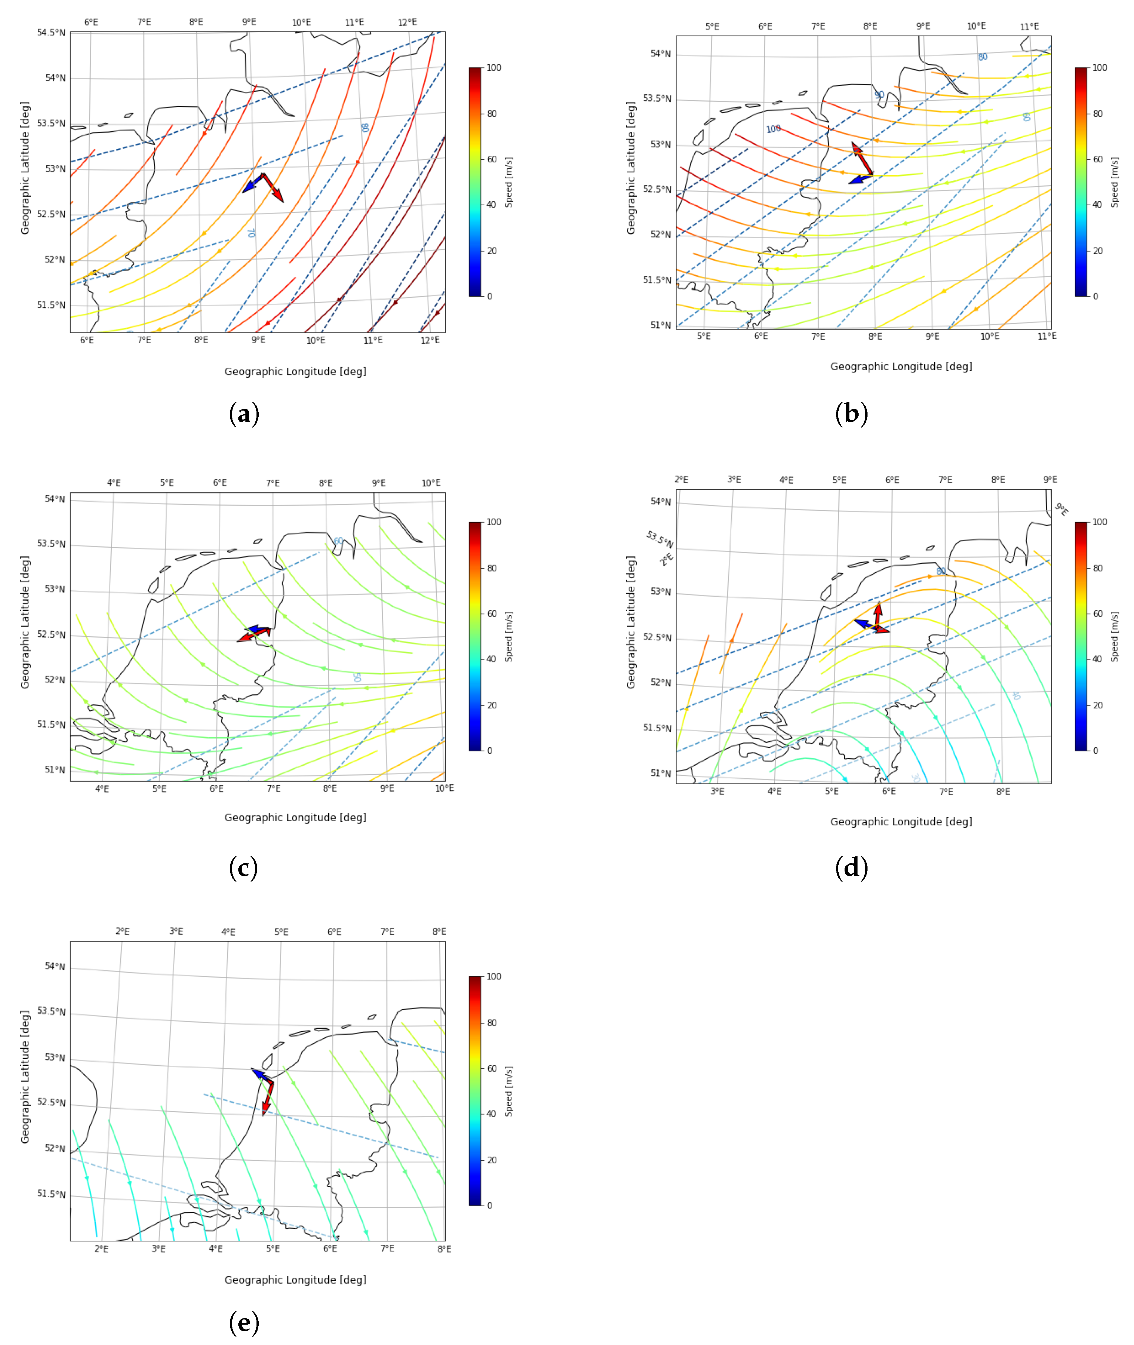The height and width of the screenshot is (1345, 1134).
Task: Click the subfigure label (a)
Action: pyautogui.click(x=244, y=413)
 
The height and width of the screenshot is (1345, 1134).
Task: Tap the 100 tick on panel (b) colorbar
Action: pyautogui.click(x=1100, y=67)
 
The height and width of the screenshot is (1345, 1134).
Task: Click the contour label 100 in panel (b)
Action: pyautogui.click(x=774, y=129)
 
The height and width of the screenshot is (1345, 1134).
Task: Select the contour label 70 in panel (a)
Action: pyautogui.click(x=251, y=233)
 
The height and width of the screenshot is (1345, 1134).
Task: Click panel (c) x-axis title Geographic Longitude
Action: pyautogui.click(x=295, y=818)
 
